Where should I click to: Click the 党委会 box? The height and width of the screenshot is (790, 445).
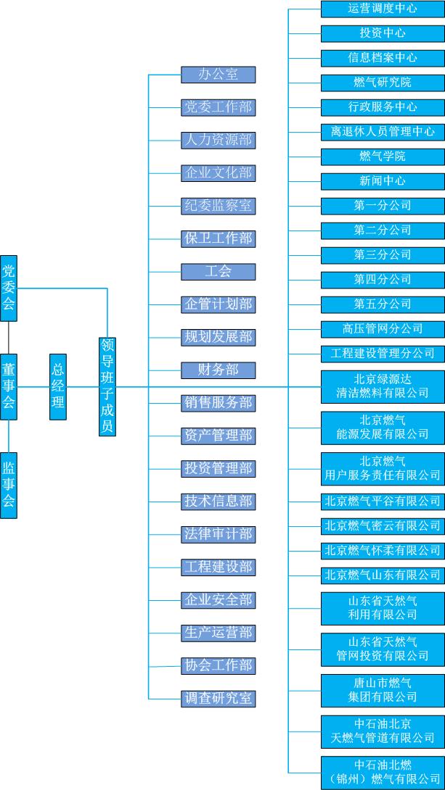coord(9,288)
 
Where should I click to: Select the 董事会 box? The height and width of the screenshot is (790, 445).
coord(9,386)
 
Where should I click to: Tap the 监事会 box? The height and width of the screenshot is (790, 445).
coord(9,485)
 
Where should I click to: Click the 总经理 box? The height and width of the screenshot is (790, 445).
coord(58,386)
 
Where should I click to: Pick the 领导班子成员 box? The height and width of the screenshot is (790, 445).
coord(107,386)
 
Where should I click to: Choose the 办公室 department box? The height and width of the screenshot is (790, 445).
coord(218,74)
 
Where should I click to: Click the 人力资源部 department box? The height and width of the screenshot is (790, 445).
coord(218,140)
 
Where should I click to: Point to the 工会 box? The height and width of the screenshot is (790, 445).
coord(218,272)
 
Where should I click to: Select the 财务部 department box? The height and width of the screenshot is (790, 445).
coord(218,370)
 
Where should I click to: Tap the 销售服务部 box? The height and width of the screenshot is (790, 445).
coord(218,403)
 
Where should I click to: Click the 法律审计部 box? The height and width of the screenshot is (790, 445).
coord(218,534)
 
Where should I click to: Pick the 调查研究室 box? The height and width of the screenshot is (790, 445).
coord(218,699)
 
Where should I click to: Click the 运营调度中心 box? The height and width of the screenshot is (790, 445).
coord(383,9)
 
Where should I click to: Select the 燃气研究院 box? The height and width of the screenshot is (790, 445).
coord(383,83)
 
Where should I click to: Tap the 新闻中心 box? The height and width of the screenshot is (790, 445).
coord(383,181)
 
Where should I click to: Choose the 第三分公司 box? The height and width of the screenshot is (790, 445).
coord(383,255)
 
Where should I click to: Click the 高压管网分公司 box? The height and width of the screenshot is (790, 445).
coord(383,329)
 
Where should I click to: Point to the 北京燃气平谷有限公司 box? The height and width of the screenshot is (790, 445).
coord(383,501)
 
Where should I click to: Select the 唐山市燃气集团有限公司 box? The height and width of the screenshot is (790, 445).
coord(383,690)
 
